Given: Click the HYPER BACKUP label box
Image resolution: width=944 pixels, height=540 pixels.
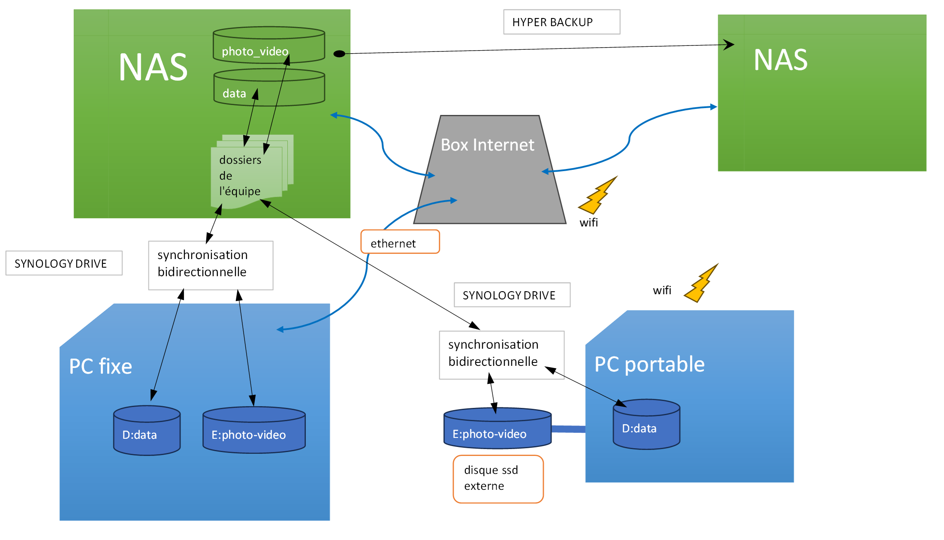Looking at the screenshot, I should (561, 22).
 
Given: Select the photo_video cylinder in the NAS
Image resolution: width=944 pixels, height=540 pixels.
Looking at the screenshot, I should (268, 45).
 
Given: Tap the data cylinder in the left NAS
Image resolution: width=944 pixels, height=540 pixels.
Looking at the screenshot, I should (269, 88).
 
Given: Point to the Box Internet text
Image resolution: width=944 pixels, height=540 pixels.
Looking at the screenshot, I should (487, 145).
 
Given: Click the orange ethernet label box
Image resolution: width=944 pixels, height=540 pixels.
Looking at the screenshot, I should (400, 242).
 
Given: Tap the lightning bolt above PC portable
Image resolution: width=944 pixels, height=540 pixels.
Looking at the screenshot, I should (701, 284).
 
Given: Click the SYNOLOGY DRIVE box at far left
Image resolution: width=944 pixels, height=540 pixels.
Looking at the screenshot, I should (64, 263).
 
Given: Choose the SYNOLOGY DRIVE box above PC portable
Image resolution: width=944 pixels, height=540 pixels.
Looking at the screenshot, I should (512, 295).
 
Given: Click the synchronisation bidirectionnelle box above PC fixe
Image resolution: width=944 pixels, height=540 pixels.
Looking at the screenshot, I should (211, 265).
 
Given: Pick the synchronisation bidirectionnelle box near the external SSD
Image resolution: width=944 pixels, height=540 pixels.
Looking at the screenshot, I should (501, 354).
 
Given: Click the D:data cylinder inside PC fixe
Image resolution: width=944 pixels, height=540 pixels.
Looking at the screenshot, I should (147, 431).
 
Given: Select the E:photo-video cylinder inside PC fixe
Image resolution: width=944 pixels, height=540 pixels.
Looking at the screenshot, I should (254, 430).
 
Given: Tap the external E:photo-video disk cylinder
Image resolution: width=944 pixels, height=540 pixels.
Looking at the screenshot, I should (497, 429).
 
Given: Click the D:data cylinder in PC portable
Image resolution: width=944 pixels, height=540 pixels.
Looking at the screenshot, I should (646, 425).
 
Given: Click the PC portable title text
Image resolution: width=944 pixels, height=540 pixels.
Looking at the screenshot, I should (649, 365).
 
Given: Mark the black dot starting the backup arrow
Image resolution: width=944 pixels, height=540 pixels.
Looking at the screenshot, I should (339, 54).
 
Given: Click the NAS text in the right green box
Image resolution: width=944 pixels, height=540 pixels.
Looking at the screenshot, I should (780, 60).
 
